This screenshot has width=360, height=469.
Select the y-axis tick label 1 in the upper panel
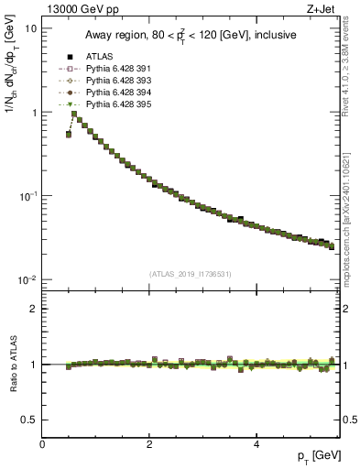tap(33, 113)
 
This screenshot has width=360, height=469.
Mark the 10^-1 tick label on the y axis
tap(27, 196)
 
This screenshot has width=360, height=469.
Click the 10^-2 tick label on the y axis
tap(27, 280)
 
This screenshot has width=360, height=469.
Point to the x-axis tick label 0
tap(42, 444)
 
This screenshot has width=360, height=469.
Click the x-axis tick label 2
tap(149, 444)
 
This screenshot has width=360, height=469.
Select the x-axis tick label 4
tap(256, 444)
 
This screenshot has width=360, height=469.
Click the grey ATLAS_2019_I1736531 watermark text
tap(190, 274)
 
